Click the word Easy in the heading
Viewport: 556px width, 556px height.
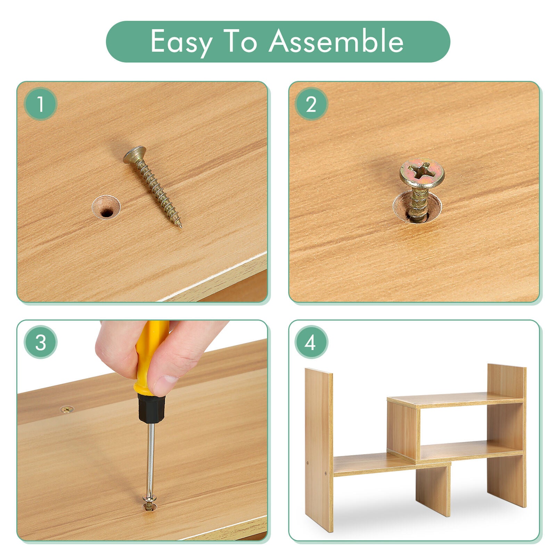click(x=181, y=42)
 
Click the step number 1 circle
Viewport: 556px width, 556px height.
click(x=41, y=104)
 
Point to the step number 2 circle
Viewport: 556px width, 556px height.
click(x=311, y=104)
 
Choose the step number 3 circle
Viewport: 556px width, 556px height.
click(x=41, y=342)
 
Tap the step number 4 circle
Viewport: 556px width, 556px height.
click(x=311, y=342)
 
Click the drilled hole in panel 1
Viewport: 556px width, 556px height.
click(x=106, y=208)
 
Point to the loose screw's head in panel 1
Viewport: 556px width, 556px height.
click(x=134, y=155)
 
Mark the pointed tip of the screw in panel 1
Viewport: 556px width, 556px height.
click(x=181, y=227)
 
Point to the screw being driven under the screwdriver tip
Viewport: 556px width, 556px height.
click(x=150, y=502)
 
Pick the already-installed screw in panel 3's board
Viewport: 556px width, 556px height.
click(x=67, y=410)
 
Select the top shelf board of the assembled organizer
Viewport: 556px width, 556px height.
click(x=455, y=400)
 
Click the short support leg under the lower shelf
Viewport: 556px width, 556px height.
click(x=433, y=490)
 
